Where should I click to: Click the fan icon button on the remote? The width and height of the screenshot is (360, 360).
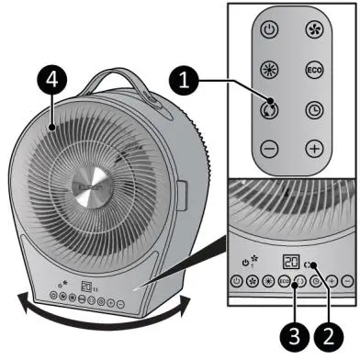tap(312, 29)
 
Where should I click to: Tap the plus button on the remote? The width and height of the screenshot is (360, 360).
tap(312, 147)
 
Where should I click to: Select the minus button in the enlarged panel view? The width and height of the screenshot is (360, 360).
tap(347, 282)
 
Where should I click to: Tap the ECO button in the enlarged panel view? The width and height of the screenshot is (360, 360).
tap(285, 282)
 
